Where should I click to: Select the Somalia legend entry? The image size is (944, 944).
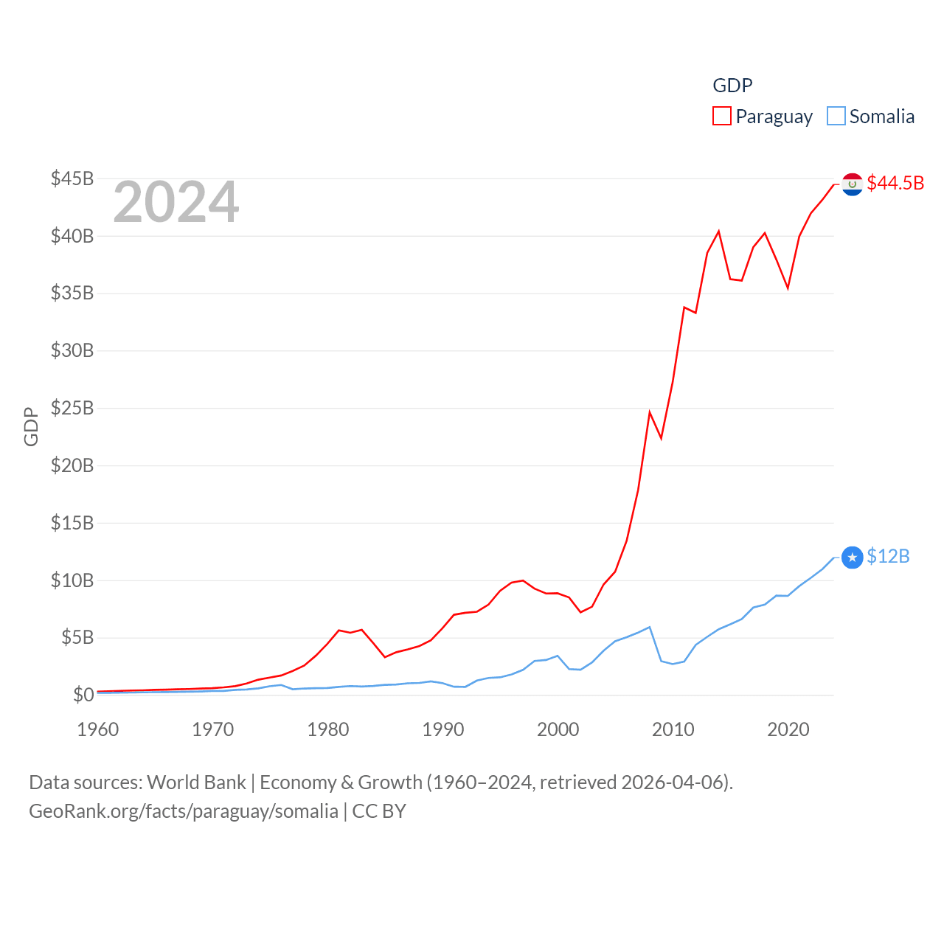pos(871,117)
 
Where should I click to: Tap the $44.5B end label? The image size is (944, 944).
pos(895,183)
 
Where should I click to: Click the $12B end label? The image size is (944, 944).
pos(888,556)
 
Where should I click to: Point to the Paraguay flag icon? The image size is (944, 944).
pos(853,184)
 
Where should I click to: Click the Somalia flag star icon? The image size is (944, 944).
pos(853,558)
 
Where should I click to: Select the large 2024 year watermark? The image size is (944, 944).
pos(176,202)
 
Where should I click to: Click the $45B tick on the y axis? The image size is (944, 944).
pos(72,178)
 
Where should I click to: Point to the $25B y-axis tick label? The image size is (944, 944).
pos(72,408)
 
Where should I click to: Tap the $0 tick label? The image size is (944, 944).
pos(83,695)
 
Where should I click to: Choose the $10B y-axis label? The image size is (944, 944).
pos(72,580)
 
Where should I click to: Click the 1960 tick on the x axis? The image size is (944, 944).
pos(98,729)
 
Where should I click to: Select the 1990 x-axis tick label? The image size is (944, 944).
pos(443,729)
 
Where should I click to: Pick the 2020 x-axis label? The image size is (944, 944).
pos(788,729)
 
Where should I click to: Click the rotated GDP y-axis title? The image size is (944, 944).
pos(31,426)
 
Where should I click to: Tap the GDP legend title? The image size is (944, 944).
pos(732,86)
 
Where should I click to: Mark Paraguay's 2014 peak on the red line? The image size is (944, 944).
pos(718,232)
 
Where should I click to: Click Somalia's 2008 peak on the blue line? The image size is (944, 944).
pos(649,628)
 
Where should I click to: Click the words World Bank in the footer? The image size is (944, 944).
pos(196,782)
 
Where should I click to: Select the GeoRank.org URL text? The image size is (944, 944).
pos(184,811)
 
